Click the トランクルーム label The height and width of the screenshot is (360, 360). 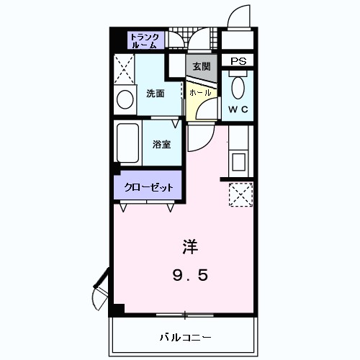[147, 40]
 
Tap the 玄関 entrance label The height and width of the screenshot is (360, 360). [201, 66]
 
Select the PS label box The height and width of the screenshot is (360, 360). [238, 61]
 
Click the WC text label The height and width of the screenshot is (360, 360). [238, 109]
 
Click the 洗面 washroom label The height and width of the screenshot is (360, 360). [155, 93]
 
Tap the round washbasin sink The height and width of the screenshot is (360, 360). [124, 99]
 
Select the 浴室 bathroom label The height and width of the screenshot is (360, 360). [161, 144]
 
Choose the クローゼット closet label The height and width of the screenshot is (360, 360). [149, 186]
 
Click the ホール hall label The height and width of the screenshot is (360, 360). [200, 93]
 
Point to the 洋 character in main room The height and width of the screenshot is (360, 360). [189, 246]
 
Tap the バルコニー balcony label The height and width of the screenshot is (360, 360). [184, 337]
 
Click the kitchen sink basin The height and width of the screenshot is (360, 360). [239, 161]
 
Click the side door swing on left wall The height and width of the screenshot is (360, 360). [99, 292]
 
